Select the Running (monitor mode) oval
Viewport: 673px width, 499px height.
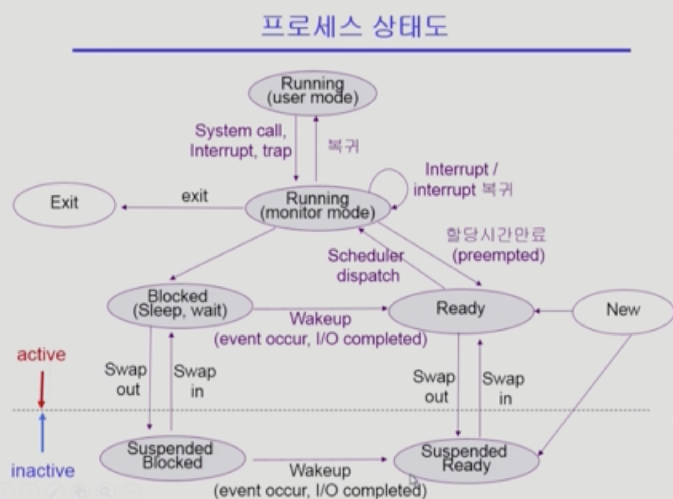coord(317,208)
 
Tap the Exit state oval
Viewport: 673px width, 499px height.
coord(64,204)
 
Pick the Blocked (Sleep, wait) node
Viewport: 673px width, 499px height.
coord(180,305)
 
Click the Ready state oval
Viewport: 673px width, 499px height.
coord(461,310)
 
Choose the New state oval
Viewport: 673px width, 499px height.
coord(623,311)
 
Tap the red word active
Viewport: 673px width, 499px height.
coord(42,355)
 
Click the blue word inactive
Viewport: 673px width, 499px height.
coord(43,471)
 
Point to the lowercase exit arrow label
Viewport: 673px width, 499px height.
coord(194,196)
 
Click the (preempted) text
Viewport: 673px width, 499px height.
coord(498,255)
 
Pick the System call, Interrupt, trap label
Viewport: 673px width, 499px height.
coord(241,141)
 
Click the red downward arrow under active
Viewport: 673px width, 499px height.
coord(42,389)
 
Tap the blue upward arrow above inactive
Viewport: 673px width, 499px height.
coord(42,432)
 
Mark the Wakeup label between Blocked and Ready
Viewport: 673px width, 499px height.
coord(320,319)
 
